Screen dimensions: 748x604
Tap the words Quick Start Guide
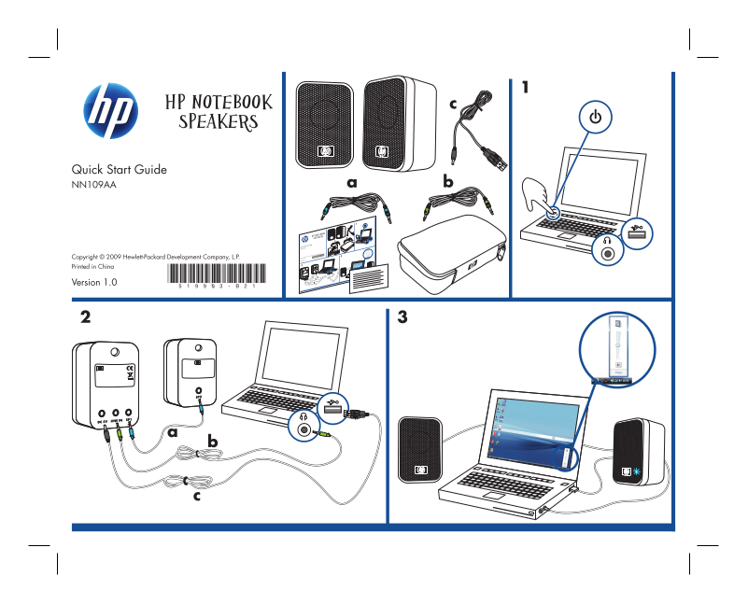[120, 170]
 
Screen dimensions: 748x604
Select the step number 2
[86, 317]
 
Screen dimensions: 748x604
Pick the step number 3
[402, 317]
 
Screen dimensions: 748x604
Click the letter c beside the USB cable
[454, 104]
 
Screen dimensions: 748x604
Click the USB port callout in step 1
[638, 232]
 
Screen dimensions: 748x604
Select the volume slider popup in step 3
[616, 350]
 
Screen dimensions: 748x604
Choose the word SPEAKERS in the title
[218, 121]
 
